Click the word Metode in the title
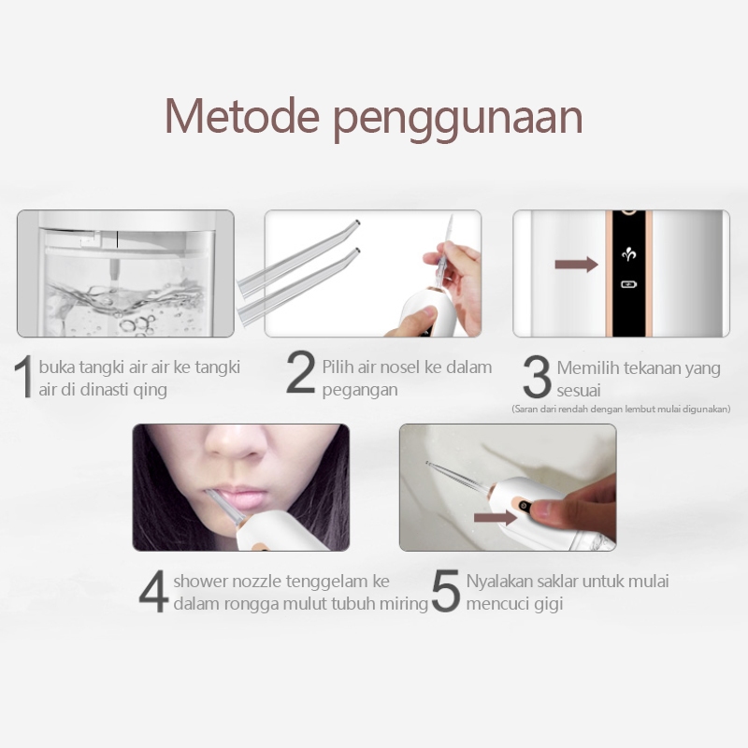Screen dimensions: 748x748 (242, 116)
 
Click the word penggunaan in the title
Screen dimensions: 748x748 (457, 120)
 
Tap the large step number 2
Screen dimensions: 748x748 (300, 372)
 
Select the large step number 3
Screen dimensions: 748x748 (537, 377)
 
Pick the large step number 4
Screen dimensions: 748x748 (153, 591)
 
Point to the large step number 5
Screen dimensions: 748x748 (446, 591)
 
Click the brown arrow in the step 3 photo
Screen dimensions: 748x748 (576, 264)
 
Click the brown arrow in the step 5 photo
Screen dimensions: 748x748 (496, 518)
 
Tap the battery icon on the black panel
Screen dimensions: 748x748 (628, 285)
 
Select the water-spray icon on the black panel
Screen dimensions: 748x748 (628, 254)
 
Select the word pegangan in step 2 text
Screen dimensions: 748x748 (360, 390)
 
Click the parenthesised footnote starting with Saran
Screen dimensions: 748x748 (621, 410)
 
